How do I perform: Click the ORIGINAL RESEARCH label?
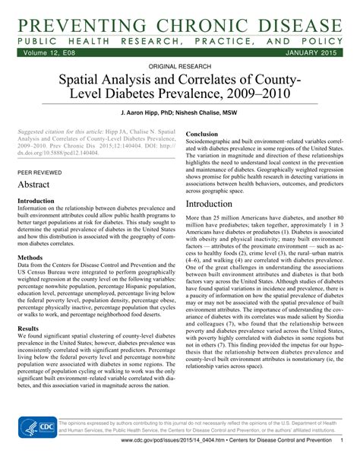[179, 68]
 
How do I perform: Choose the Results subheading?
[29, 329]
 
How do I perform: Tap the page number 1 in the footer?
[343, 461]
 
